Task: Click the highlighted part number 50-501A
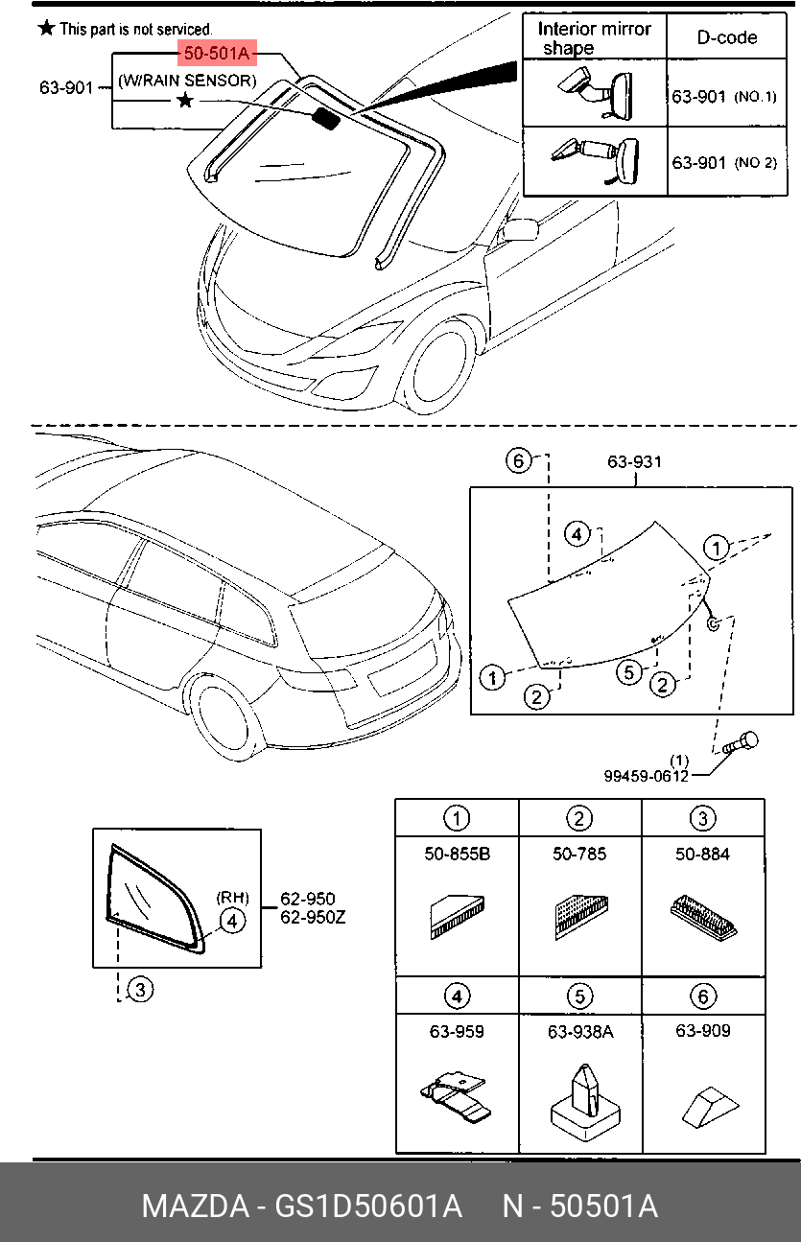[216, 52]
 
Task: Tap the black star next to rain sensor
[185, 101]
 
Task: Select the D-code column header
[726, 37]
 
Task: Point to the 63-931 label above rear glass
[634, 462]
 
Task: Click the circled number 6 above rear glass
[518, 461]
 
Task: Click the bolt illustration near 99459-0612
[742, 742]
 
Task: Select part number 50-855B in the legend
[457, 854]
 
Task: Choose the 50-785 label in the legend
[579, 854]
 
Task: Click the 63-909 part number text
[702, 1031]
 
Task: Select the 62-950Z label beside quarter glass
[313, 917]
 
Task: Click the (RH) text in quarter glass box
[232, 898]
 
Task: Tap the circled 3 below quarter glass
[140, 989]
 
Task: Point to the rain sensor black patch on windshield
[328, 118]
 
